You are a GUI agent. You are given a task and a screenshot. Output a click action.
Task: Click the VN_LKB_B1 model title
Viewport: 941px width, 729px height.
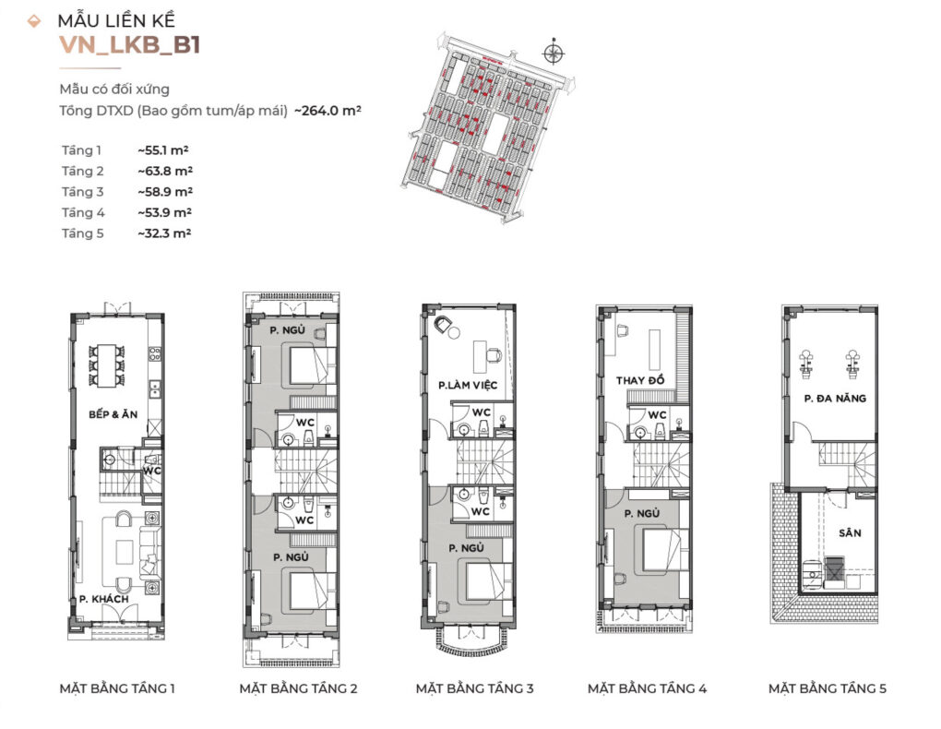(x=130, y=45)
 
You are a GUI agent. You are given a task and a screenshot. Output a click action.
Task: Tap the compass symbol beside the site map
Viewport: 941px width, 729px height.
(x=554, y=53)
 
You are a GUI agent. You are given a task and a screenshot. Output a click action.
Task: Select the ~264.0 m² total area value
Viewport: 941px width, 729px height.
(x=328, y=111)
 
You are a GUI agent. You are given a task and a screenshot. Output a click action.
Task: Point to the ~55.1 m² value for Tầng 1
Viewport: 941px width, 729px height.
(x=163, y=150)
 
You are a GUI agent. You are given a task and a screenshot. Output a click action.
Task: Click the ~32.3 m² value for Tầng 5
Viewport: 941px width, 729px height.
(x=164, y=233)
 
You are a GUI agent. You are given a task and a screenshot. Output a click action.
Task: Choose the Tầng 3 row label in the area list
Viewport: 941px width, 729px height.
(x=83, y=192)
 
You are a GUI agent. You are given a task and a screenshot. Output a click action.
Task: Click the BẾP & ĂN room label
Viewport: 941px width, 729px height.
(x=113, y=414)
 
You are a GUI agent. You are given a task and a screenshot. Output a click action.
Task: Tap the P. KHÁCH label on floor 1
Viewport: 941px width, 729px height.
(x=104, y=599)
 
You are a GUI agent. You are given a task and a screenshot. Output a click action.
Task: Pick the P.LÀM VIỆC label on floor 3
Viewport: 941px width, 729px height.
(x=468, y=385)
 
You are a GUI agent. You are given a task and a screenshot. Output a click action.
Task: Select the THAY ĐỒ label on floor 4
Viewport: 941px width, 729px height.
(x=640, y=380)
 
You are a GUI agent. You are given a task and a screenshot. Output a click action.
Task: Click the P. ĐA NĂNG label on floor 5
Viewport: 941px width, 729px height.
(x=835, y=398)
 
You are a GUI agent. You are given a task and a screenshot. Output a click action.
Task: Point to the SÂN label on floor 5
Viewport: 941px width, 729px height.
(x=850, y=532)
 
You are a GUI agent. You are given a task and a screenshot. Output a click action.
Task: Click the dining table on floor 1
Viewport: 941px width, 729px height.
(x=107, y=364)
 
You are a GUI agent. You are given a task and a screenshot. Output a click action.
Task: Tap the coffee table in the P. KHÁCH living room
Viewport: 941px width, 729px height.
(x=125, y=552)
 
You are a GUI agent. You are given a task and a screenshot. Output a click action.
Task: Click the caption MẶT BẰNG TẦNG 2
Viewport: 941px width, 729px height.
(x=298, y=688)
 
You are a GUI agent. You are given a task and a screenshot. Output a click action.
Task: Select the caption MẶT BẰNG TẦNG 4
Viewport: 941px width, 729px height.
(x=647, y=688)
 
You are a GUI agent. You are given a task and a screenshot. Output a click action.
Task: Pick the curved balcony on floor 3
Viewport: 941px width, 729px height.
(x=468, y=641)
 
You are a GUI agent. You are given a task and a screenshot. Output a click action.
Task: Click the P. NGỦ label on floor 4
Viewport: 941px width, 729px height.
(x=641, y=513)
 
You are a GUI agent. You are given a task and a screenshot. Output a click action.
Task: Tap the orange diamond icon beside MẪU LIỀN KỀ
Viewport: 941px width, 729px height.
(x=34, y=21)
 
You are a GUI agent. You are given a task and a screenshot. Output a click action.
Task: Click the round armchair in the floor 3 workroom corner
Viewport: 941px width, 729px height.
(x=444, y=324)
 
